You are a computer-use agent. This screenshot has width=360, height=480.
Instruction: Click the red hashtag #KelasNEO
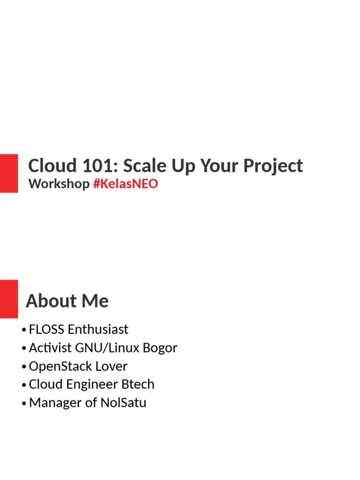(x=126, y=184)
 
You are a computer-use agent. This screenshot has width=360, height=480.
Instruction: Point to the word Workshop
(x=59, y=184)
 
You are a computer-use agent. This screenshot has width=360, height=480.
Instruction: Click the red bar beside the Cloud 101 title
(x=8, y=173)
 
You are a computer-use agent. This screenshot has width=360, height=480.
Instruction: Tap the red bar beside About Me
(x=8, y=299)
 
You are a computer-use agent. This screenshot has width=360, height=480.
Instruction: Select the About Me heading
(x=67, y=301)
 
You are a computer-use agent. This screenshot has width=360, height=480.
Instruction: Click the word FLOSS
(x=46, y=330)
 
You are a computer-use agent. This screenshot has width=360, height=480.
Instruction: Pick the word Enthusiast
(x=98, y=330)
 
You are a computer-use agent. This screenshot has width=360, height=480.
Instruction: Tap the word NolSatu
(x=123, y=403)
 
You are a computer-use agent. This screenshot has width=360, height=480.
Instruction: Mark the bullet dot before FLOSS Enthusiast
(x=23, y=330)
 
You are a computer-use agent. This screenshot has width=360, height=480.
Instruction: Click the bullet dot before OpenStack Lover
(x=23, y=367)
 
